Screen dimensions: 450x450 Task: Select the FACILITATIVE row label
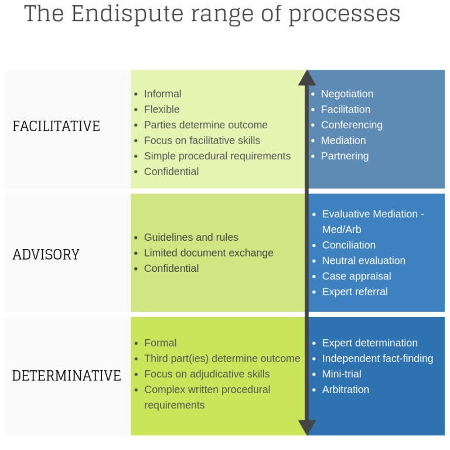click(56, 126)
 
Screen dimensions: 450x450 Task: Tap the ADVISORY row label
click(46, 254)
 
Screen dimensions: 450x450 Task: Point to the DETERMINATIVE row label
click(66, 376)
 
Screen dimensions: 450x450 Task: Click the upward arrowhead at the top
click(306, 78)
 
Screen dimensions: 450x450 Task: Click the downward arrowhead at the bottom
click(306, 427)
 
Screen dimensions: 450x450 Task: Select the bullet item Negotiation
click(347, 94)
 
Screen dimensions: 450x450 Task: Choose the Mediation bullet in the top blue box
click(343, 141)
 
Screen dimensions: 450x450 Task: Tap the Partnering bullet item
click(345, 156)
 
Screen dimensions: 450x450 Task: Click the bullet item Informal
click(162, 94)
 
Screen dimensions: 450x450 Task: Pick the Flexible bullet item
click(162, 110)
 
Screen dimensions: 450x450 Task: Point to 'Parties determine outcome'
click(206, 125)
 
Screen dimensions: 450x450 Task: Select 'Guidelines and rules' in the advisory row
click(191, 237)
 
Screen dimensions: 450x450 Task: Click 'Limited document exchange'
click(209, 253)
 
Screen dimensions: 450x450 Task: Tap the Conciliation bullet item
click(349, 245)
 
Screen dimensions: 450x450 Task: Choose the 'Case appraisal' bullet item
click(356, 276)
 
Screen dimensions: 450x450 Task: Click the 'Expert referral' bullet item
click(354, 292)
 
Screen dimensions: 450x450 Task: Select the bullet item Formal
click(160, 343)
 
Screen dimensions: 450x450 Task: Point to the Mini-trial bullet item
click(342, 374)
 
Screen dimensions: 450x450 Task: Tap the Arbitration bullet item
click(346, 390)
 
